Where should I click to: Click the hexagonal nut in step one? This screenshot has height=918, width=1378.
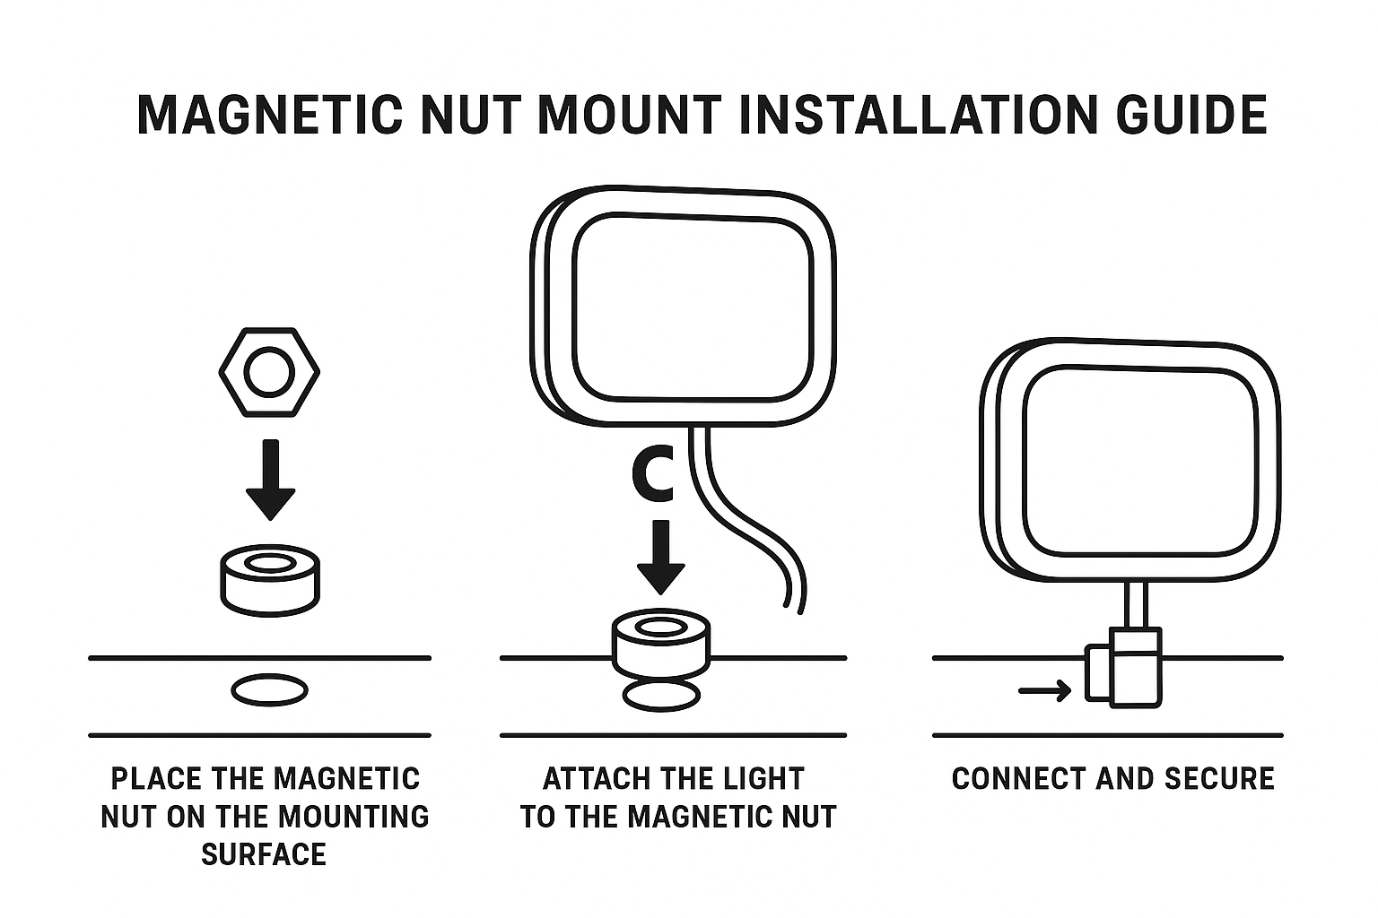coord(269,372)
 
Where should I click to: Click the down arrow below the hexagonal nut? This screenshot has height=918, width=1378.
coord(270,480)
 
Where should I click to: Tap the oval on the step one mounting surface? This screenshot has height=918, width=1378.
coord(269,690)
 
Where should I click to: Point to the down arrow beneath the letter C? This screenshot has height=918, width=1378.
coord(661,556)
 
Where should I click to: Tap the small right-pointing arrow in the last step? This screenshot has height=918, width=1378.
coord(1045,690)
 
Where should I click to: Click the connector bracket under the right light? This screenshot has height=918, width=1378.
coord(1125,668)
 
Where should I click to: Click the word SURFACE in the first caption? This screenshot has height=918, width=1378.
coord(263,854)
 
